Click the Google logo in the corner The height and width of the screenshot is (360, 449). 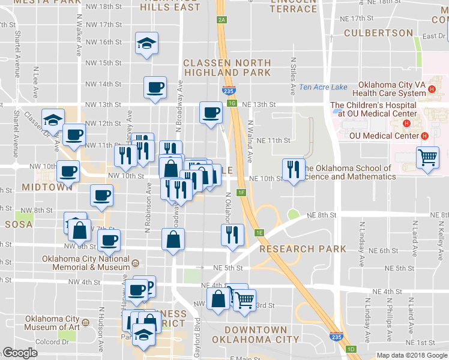tap(20, 353)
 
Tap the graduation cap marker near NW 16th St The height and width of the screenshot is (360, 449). tap(146, 44)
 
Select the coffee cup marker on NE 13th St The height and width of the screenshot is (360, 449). tap(210, 113)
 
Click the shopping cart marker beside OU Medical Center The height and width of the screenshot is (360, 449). tap(427, 158)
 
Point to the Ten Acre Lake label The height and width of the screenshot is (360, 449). tap(323, 88)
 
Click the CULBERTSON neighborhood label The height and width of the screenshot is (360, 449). tap(378, 33)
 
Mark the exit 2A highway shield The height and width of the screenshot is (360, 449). tap(222, 20)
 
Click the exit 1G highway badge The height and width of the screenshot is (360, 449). tap(232, 103)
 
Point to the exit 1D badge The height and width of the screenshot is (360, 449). tap(352, 349)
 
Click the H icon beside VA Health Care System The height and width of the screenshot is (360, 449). tap(432, 91)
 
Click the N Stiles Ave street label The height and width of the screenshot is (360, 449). tap(294, 76)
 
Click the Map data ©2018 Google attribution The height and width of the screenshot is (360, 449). tap(412, 355)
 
